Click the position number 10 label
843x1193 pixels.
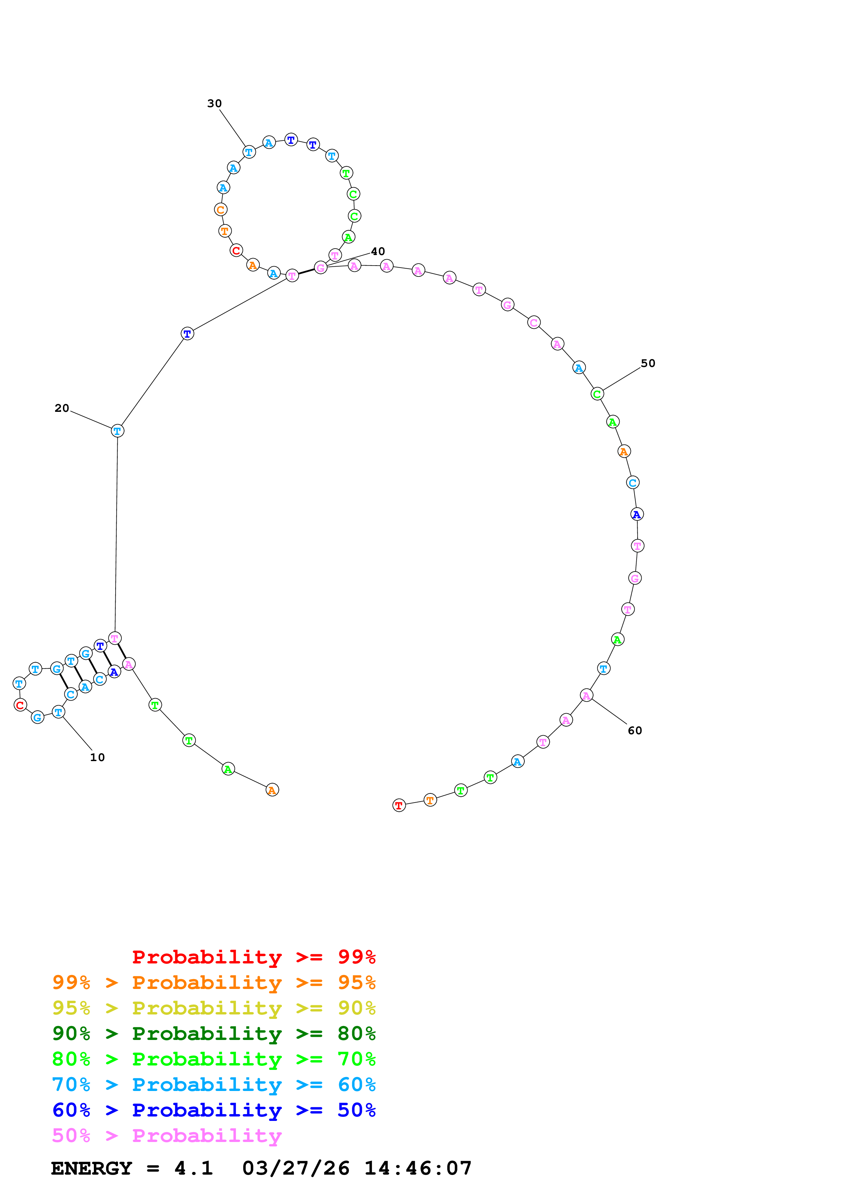tap(97, 758)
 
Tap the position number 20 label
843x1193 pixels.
tap(62, 408)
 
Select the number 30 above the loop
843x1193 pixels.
tap(215, 103)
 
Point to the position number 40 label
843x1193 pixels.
tap(377, 251)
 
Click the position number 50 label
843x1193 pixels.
tap(648, 363)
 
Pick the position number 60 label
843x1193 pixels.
tap(635, 730)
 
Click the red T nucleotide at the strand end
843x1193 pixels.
tap(399, 806)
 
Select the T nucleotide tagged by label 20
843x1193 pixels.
tap(117, 431)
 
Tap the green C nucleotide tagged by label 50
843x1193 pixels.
tap(597, 394)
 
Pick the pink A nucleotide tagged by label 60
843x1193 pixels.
tap(586, 695)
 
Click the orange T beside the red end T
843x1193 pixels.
tap(430, 800)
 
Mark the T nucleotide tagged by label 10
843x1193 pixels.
tap(59, 712)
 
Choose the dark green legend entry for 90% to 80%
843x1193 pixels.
tap(214, 1034)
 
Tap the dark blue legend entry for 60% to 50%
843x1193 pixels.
tap(214, 1110)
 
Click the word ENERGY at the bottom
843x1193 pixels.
tap(91, 1168)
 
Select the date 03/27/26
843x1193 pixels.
tap(296, 1168)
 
